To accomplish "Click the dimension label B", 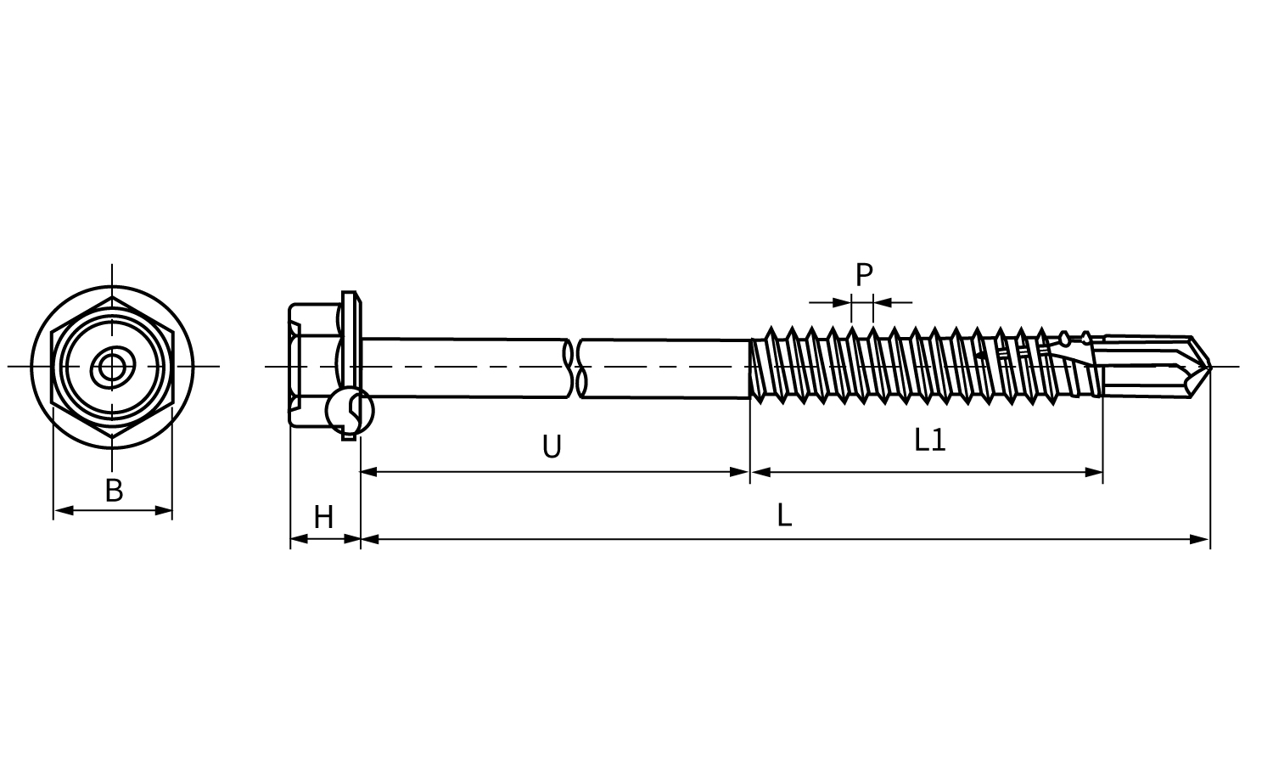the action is point(115,491).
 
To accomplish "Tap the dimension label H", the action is point(324,517).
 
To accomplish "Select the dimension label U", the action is point(552,447).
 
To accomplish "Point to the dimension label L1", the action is point(930,440).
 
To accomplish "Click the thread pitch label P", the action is point(864,274).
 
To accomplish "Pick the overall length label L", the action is point(784,515).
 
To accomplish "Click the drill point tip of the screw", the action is point(1210,367).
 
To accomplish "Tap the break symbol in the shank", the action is point(575,368).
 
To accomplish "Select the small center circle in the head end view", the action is point(111,367).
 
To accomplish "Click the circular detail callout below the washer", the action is point(350,411).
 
